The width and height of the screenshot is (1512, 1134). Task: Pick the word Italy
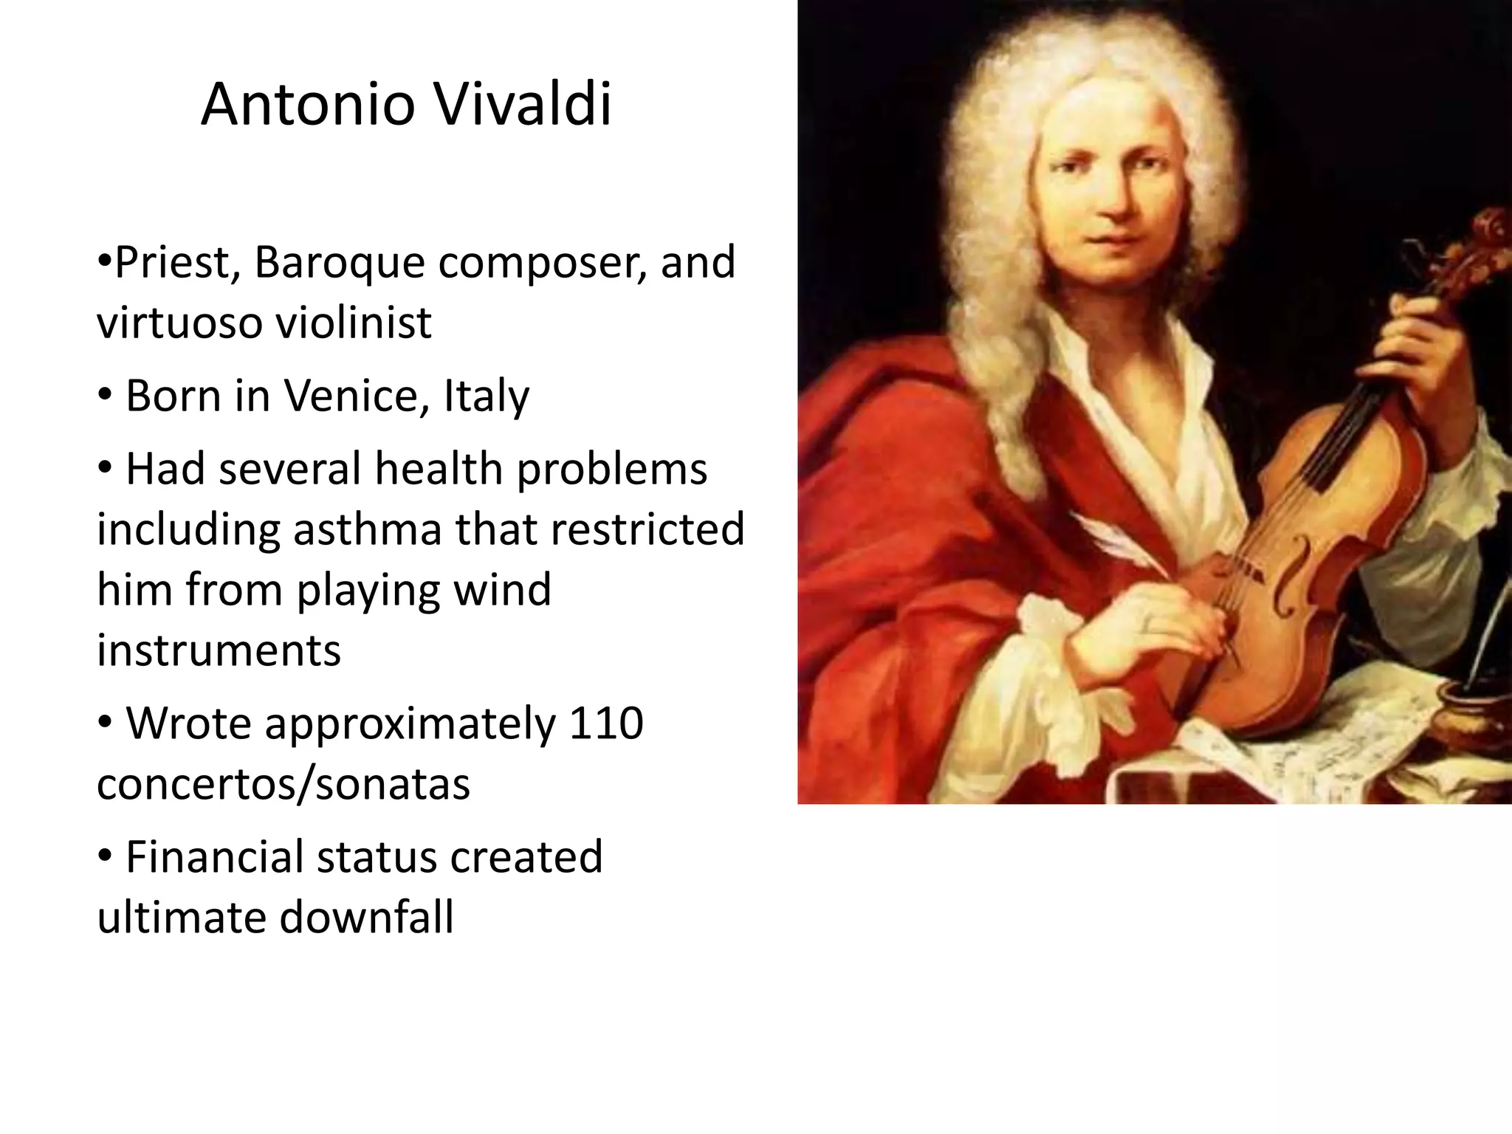[x=487, y=396]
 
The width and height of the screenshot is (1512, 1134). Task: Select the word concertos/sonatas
[x=283, y=783]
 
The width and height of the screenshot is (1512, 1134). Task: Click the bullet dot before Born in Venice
[x=105, y=396]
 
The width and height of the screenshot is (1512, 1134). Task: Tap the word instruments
[x=219, y=650]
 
